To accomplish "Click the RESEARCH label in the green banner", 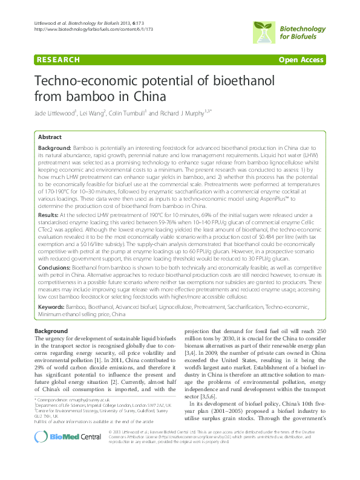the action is click(58, 60).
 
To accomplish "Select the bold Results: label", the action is click(48, 215).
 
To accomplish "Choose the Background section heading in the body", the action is click(51, 332).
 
